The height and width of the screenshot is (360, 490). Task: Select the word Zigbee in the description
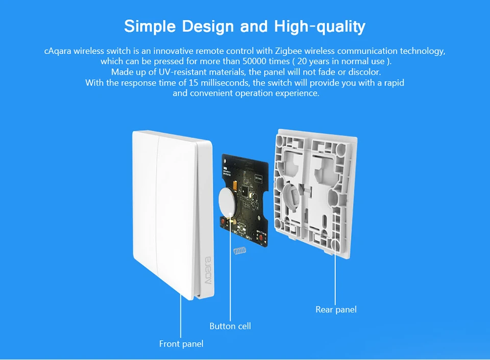[276, 51]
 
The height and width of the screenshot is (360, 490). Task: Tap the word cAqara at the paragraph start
[58, 51]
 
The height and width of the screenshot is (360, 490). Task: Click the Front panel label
[181, 344]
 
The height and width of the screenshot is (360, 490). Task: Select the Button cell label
[230, 326]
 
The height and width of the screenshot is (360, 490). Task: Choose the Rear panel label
[336, 309]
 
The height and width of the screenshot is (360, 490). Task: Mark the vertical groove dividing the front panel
[159, 204]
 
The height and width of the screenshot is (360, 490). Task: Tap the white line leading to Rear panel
[335, 275]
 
